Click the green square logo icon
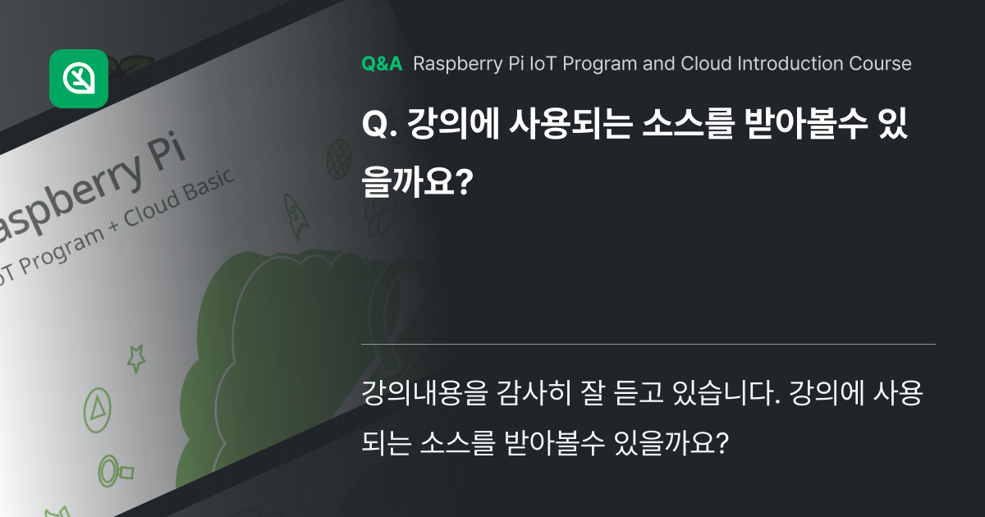(79, 79)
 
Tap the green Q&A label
(382, 64)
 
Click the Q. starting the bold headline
(379, 129)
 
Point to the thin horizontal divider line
(648, 343)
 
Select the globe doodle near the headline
(337, 153)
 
